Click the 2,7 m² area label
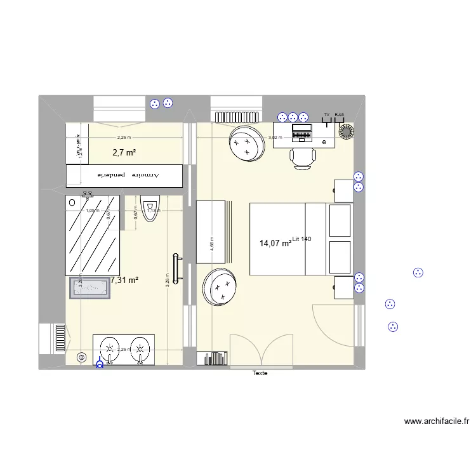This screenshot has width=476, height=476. tap(124, 152)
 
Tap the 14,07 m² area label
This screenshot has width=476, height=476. tap(275, 242)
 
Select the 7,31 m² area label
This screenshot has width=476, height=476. tap(124, 279)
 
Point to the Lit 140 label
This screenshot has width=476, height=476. tap(302, 238)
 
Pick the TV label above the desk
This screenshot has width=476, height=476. tap(327, 116)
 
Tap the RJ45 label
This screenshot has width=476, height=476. tap(339, 116)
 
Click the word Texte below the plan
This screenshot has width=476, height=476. tap(260, 373)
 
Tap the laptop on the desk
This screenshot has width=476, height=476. tap(301, 133)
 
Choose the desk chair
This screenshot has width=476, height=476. tap(302, 157)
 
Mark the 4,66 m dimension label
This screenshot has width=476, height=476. tap(213, 243)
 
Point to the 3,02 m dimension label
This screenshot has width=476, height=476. tap(274, 138)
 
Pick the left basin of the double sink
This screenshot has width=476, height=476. tap(110, 348)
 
